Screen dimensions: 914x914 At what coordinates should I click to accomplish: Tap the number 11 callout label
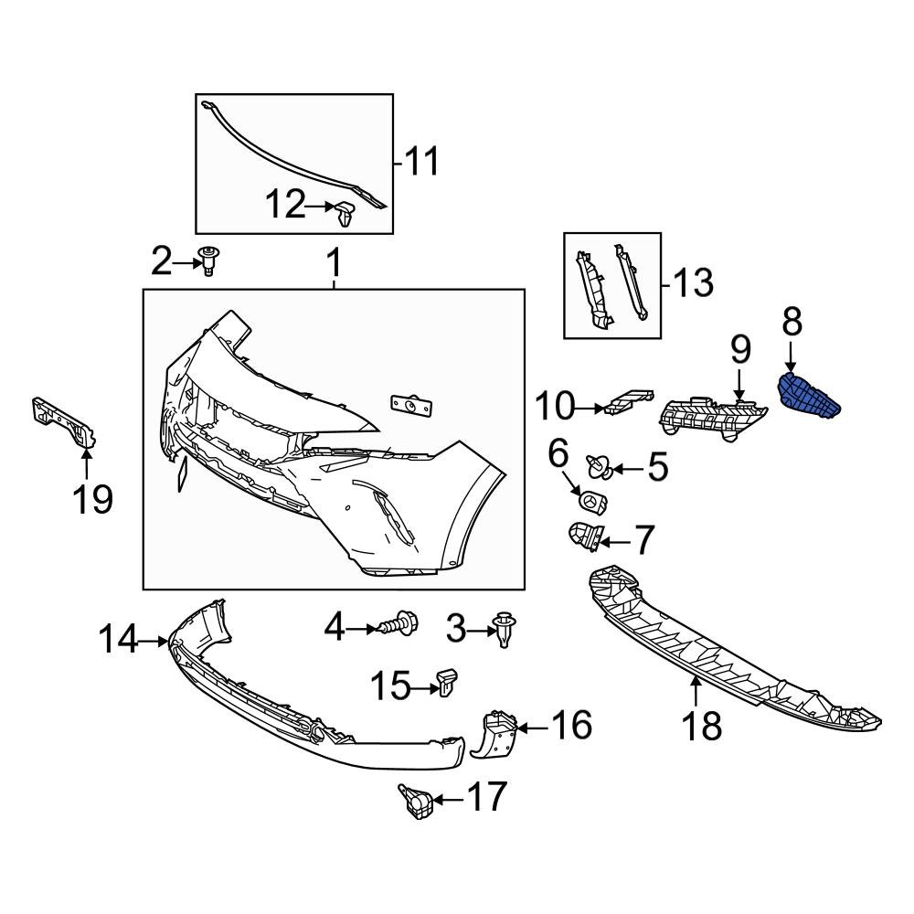click(x=421, y=162)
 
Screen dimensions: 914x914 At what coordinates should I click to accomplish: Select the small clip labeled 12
click(x=345, y=213)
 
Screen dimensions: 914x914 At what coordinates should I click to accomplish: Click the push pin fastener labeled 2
click(x=210, y=260)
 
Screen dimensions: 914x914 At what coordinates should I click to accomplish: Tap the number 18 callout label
click(x=701, y=727)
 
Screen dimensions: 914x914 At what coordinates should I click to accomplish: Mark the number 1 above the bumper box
click(x=334, y=266)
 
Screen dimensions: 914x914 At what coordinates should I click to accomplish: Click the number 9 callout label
click(x=739, y=350)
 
